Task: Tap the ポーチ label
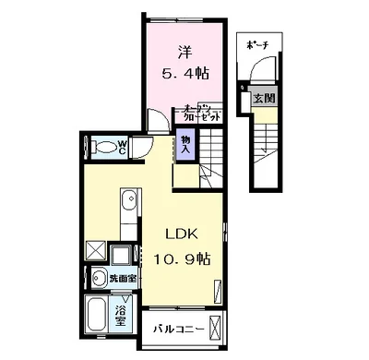(x=255, y=45)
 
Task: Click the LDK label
(x=181, y=233)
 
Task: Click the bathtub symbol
(x=97, y=314)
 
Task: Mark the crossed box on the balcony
(x=216, y=327)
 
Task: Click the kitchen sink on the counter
(x=127, y=200)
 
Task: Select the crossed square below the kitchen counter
(x=95, y=250)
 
